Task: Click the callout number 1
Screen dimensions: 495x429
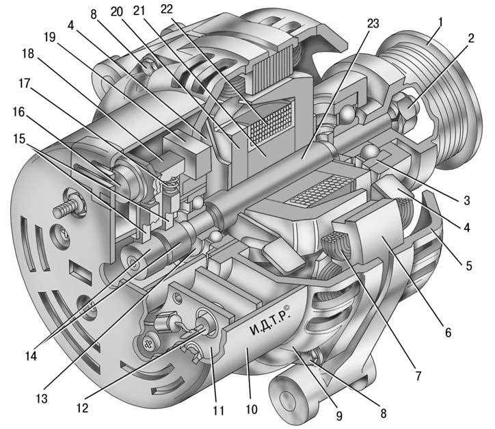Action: (441, 23)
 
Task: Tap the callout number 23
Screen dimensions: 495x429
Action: (373, 23)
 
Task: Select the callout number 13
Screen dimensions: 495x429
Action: (42, 399)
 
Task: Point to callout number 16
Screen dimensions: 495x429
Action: (18, 112)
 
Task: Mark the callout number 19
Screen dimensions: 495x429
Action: (49, 37)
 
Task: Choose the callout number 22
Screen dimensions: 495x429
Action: (167, 9)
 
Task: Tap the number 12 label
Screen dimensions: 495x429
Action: (82, 408)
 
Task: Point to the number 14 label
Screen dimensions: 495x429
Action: (31, 356)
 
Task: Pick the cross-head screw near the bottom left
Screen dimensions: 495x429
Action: (148, 342)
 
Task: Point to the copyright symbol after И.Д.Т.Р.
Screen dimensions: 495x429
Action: (286, 307)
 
